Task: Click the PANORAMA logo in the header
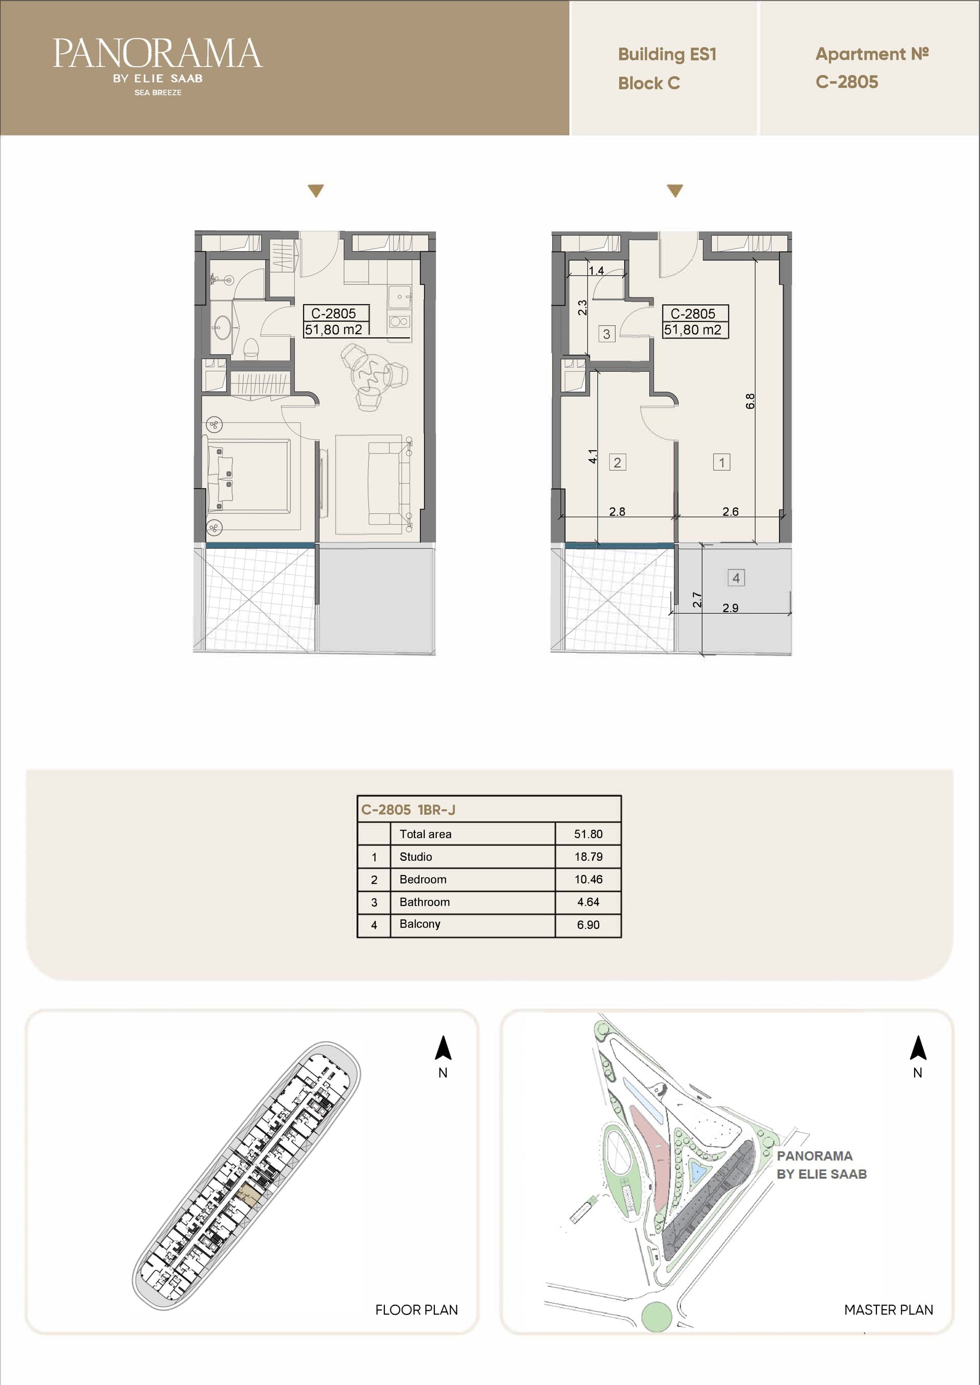(x=158, y=66)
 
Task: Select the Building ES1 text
(x=667, y=54)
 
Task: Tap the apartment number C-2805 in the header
(x=847, y=82)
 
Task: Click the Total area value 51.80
(x=588, y=834)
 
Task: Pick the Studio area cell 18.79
(x=588, y=856)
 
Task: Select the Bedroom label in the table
(x=423, y=879)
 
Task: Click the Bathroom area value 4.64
(x=588, y=902)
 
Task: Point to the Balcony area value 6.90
(x=588, y=925)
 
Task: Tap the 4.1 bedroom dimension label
(x=593, y=456)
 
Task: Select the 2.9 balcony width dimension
(x=730, y=608)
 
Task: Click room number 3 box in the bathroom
(x=606, y=334)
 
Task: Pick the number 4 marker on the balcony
(x=736, y=577)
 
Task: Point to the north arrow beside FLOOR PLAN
(x=443, y=1048)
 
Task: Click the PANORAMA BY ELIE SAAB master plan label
(x=821, y=1165)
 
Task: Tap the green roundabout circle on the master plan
(x=656, y=1317)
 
